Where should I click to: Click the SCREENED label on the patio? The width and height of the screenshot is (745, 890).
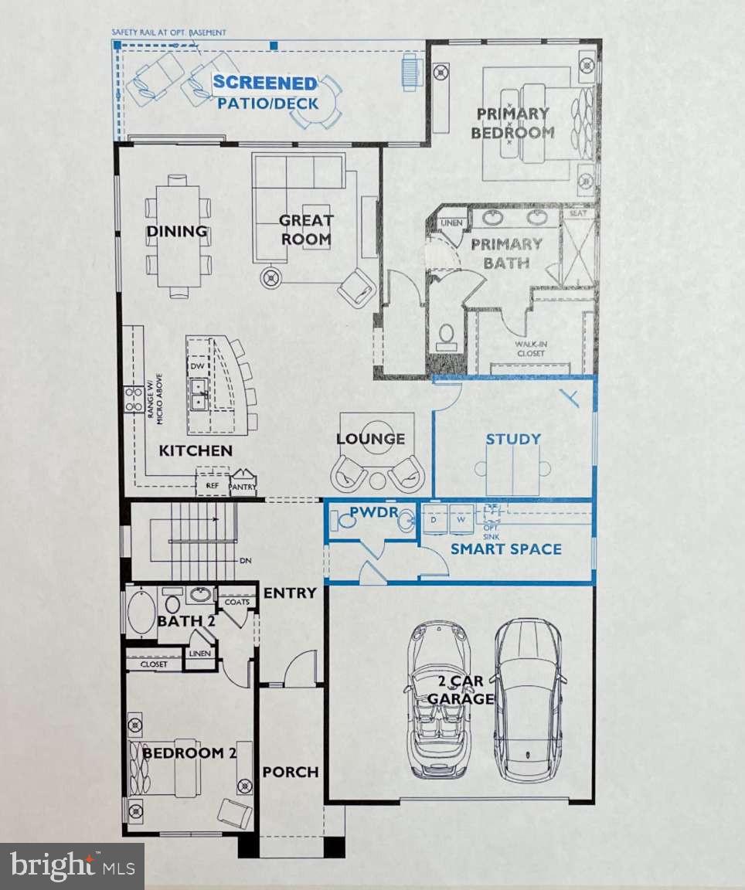click(264, 83)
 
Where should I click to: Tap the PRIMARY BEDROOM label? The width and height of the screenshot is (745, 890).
click(514, 123)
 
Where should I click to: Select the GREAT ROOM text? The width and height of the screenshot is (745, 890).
click(306, 230)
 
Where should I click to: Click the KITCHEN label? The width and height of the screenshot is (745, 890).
click(196, 450)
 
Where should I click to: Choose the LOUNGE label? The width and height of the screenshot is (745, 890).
click(370, 439)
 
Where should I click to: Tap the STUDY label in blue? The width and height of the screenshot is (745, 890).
click(513, 439)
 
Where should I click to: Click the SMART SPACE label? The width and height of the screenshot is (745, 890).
click(505, 549)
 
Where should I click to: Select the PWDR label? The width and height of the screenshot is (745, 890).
click(369, 512)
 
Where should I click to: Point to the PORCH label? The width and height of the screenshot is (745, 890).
click(290, 772)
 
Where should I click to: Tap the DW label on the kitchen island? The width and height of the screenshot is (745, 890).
click(198, 366)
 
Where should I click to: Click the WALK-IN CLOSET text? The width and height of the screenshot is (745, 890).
click(525, 349)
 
